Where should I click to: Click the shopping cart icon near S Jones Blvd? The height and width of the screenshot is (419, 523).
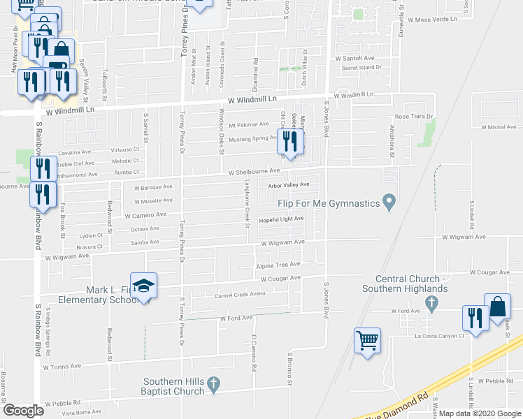click(367, 341)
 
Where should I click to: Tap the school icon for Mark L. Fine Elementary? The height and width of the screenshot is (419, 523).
click(144, 286)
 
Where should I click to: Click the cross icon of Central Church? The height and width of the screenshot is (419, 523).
click(432, 302)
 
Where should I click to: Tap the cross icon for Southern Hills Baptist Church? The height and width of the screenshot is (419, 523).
click(215, 383)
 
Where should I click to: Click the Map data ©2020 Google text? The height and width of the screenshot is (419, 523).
click(480, 413)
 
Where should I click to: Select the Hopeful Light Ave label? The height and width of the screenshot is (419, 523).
click(281, 219)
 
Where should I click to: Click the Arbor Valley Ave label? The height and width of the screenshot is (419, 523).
click(289, 185)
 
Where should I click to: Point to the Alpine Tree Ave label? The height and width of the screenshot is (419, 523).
click(279, 265)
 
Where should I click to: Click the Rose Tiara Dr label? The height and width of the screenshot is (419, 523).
click(414, 117)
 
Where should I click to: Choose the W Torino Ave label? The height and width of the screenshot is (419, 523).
click(62, 366)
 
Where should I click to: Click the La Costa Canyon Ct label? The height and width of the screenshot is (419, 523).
click(438, 336)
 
